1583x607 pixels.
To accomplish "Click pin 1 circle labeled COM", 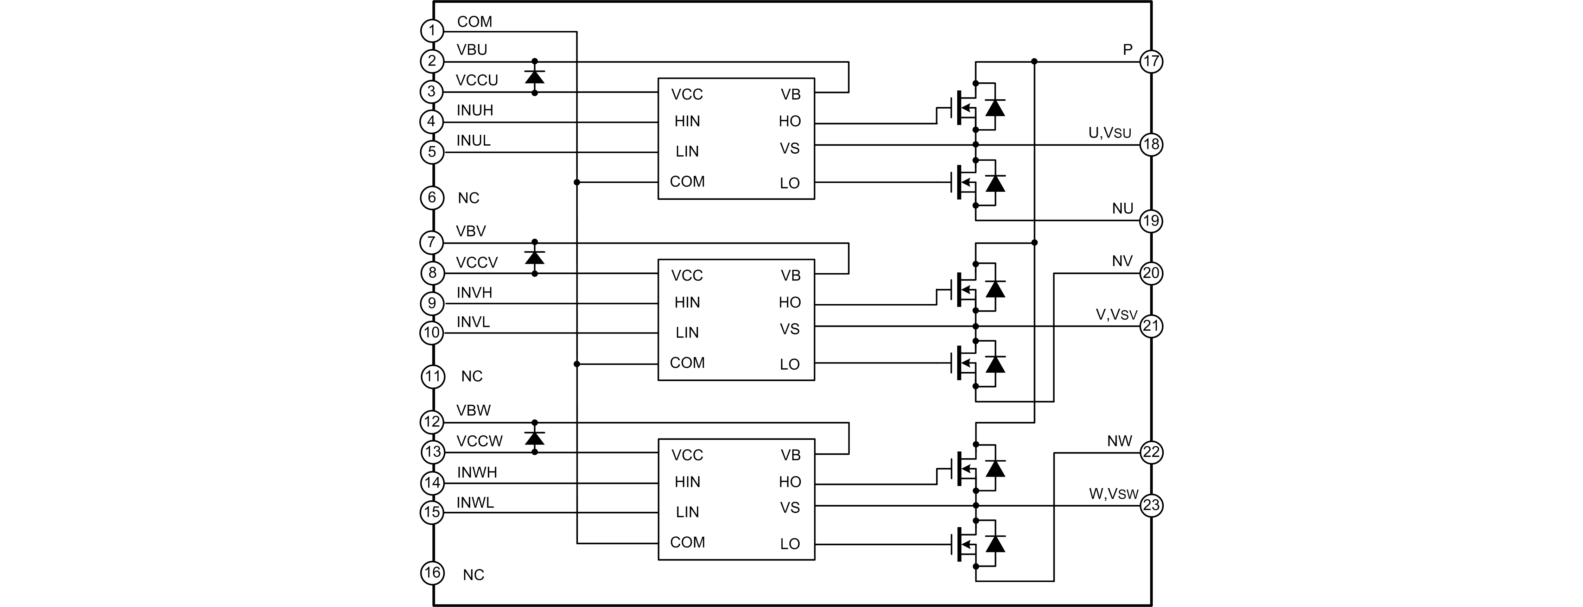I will coord(432,31).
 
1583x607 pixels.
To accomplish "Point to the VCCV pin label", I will coord(476,263).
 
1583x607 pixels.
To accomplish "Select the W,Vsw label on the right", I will coord(1113,494).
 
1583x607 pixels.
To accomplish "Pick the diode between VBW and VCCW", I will coord(535,438).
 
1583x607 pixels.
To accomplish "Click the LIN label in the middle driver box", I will coord(687,333).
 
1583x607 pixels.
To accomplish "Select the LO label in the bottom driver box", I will coord(790,544).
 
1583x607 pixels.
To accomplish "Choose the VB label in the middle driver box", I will coord(790,276).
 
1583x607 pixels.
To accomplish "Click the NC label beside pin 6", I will coord(468,198).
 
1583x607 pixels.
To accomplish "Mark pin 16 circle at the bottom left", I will coord(432,573).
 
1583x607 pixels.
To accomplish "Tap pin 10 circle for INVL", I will coord(432,333).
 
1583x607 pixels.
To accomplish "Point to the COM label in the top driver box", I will coord(687,182).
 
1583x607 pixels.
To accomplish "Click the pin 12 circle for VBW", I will coord(432,422).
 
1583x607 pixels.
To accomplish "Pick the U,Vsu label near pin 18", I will coord(1109,133).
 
